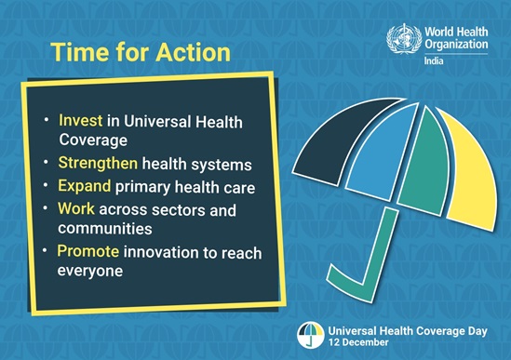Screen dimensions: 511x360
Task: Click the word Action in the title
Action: [x=193, y=52]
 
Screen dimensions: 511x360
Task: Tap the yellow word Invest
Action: [x=80, y=120]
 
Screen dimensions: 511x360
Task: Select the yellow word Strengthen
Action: [x=98, y=163]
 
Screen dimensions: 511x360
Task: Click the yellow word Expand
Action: [x=84, y=186]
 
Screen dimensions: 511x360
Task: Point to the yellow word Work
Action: [x=76, y=208]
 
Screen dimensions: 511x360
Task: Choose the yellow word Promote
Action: [x=88, y=251]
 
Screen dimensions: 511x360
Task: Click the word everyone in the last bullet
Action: [x=90, y=271]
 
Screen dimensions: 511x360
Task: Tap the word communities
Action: [x=105, y=228]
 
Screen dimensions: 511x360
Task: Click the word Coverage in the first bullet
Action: [x=93, y=140]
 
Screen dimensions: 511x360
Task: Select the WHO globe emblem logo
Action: [x=404, y=38]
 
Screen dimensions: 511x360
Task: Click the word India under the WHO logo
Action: [x=434, y=60]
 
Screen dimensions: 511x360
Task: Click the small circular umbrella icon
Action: [x=311, y=335]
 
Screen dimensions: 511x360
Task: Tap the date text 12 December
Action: [x=358, y=342]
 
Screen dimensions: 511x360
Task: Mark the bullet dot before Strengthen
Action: [x=46, y=162]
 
